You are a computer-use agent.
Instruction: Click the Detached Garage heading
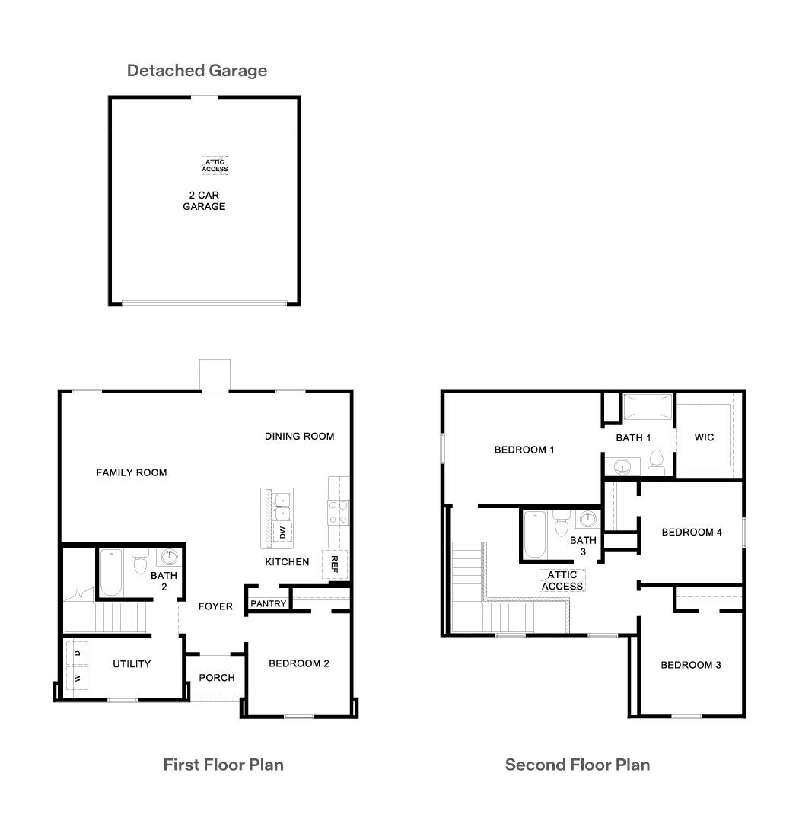pos(197,71)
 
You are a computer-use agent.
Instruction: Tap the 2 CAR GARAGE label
pos(204,201)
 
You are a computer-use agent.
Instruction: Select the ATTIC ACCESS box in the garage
pos(215,166)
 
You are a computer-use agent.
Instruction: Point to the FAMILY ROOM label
pos(132,473)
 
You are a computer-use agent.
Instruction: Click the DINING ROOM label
pos(300,437)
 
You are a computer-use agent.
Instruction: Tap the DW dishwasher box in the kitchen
pos(282,533)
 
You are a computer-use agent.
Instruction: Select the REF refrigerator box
pos(335,564)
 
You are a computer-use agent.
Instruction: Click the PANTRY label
pos(269,604)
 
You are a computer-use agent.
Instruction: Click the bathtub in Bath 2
pos(111,572)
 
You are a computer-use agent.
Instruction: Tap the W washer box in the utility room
pos(77,679)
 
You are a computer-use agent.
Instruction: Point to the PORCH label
pos(217,678)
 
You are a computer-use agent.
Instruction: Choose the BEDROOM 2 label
pos(299,663)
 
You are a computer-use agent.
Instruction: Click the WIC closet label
pos(704,437)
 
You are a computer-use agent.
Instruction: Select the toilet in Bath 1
pos(657,463)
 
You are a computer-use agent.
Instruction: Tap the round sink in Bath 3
pos(587,519)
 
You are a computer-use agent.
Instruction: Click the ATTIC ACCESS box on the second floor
pos(562,580)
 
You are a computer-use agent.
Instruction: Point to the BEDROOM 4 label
pos(692,533)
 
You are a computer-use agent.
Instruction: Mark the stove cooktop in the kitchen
pos(337,512)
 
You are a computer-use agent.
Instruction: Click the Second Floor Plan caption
pos(578,765)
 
